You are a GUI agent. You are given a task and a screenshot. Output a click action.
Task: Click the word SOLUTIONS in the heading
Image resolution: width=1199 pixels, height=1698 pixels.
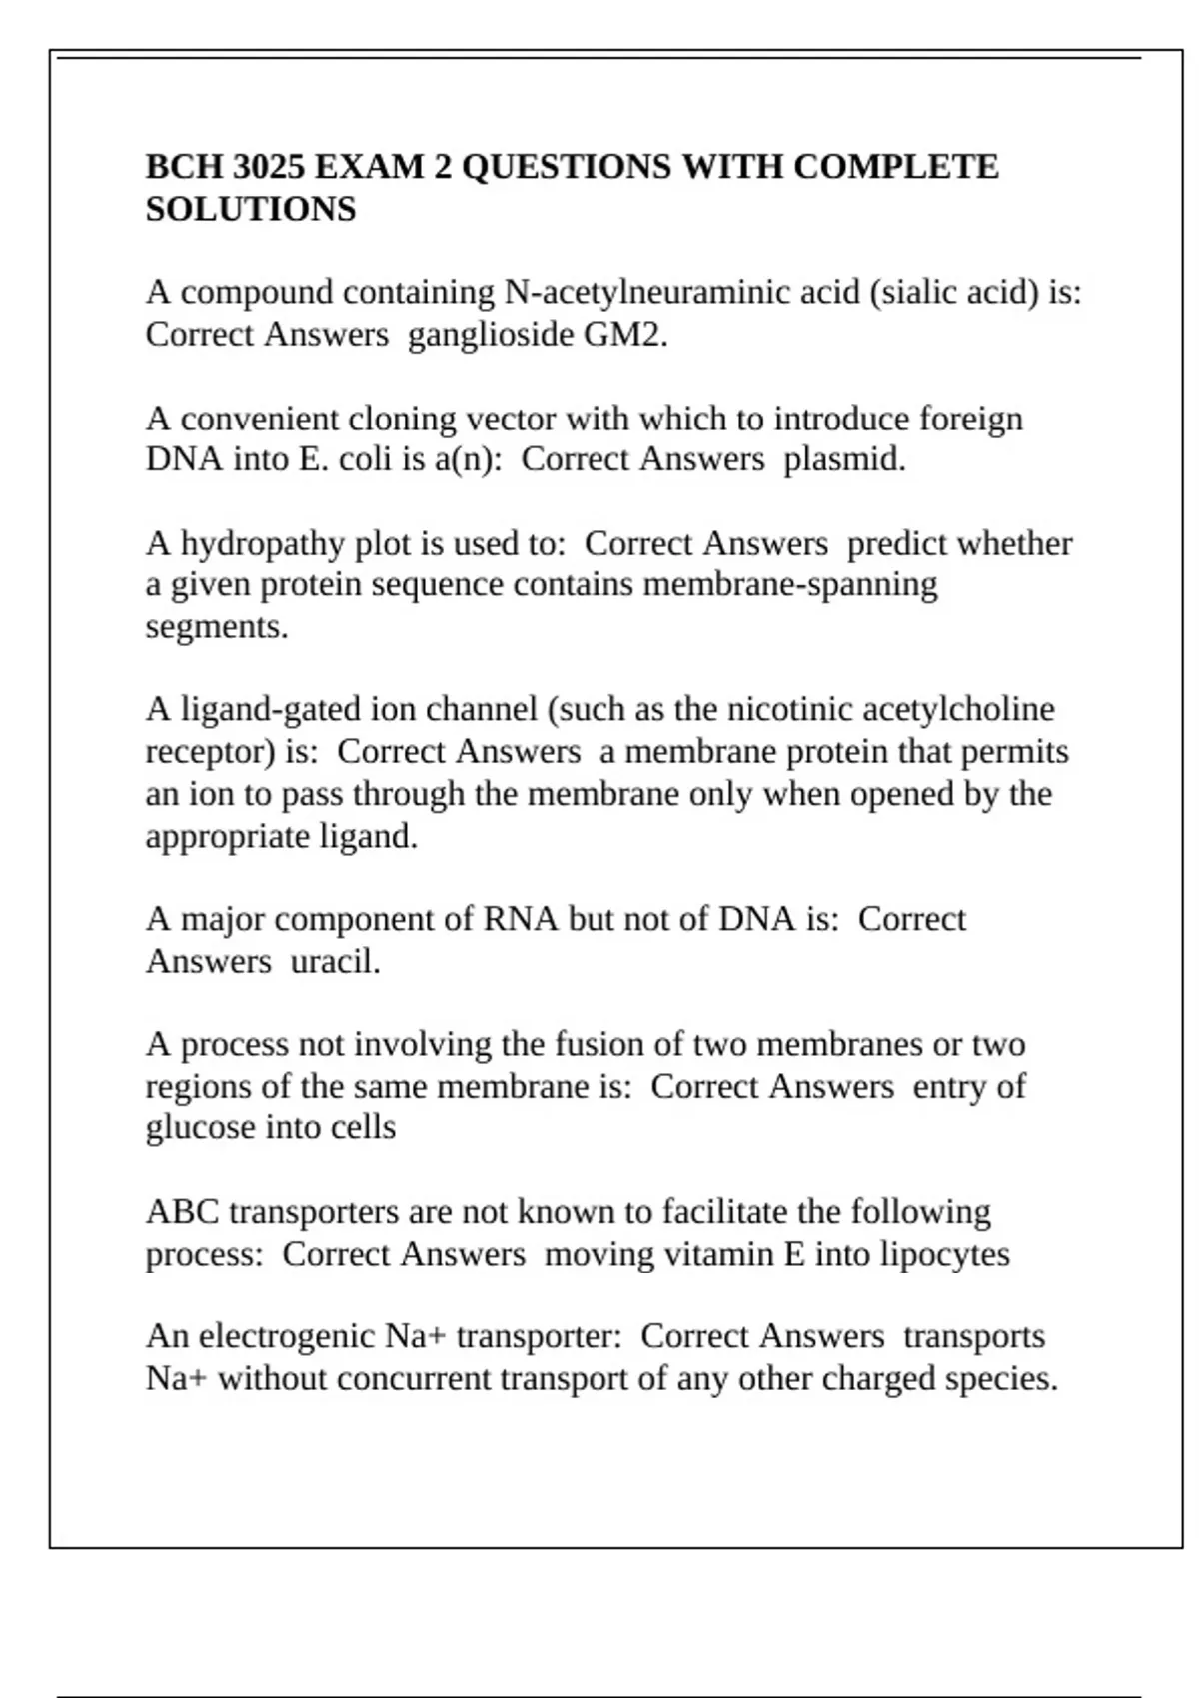251,209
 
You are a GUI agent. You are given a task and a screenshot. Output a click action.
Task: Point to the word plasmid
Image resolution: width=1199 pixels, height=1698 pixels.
844,459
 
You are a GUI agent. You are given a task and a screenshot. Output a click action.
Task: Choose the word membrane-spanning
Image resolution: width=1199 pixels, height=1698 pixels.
790,584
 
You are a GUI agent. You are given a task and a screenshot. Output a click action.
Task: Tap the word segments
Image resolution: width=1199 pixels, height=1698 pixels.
216,627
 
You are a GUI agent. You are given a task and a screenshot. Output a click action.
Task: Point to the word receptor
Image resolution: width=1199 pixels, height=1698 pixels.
210,752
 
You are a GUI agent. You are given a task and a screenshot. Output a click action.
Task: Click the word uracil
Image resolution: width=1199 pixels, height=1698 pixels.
335,961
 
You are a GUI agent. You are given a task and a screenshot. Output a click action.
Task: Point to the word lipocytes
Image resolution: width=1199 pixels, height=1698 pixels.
944,1254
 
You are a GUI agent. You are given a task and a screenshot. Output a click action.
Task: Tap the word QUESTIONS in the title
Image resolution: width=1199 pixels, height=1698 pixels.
566,167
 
